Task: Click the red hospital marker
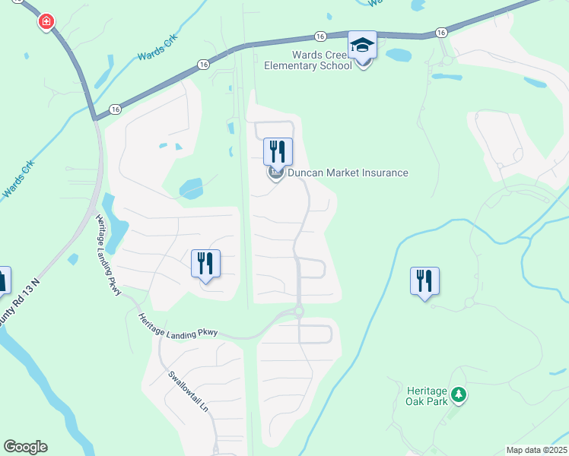(x=47, y=21)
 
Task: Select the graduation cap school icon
(x=362, y=46)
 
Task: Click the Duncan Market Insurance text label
(x=348, y=173)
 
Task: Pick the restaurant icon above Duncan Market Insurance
(x=278, y=150)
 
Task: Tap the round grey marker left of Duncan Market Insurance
(x=275, y=174)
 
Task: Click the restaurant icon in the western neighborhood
(x=205, y=263)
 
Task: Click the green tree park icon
(x=458, y=394)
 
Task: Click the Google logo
(x=25, y=447)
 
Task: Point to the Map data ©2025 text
(x=536, y=450)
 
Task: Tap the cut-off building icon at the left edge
(x=3, y=280)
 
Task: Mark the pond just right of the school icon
(x=399, y=55)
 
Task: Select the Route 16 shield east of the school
(x=441, y=33)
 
